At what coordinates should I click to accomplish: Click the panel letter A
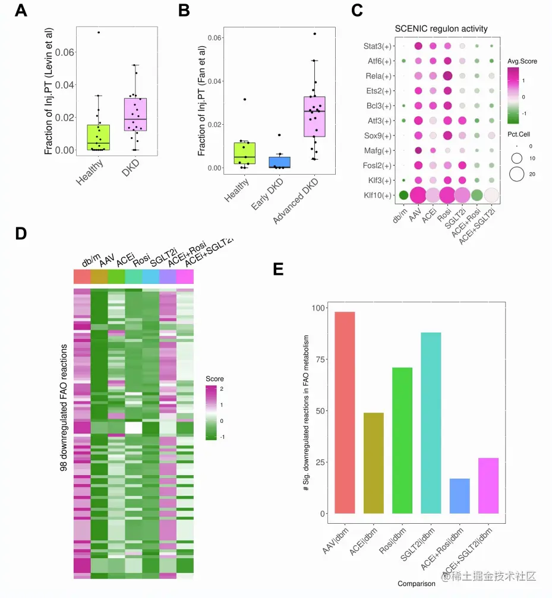tap(20, 10)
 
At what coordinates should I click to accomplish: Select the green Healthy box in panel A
tap(97, 138)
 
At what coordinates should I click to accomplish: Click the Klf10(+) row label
tap(378, 195)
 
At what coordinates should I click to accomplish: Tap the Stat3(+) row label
tap(378, 46)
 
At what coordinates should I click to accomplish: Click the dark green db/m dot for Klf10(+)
tap(403, 195)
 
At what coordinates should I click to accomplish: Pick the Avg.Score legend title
tap(522, 61)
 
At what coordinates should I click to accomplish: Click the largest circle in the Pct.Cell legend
tap(516, 174)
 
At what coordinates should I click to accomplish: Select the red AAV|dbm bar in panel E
tap(345, 412)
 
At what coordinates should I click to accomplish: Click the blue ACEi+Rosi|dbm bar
tap(459, 496)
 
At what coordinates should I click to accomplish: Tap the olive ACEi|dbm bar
tap(374, 463)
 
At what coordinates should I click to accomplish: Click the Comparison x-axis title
tap(416, 583)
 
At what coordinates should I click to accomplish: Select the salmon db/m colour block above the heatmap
tap(82, 276)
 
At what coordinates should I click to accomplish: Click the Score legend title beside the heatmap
tap(215, 378)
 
